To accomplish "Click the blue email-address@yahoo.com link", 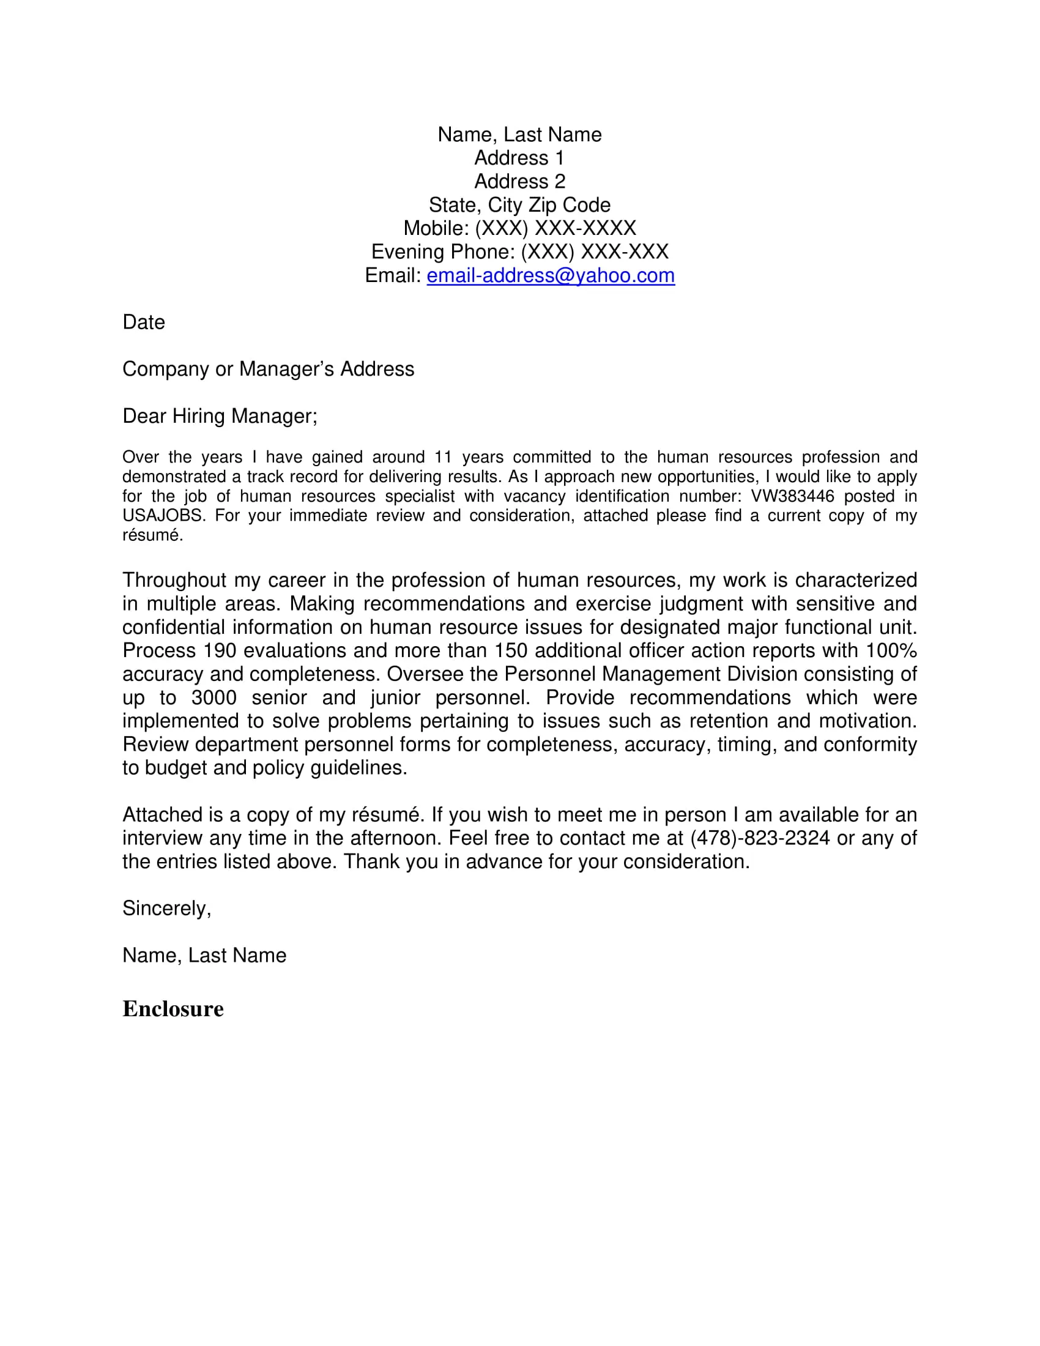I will coord(550,275).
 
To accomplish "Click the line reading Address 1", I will coord(519,158).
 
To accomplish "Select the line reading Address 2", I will coord(519,182).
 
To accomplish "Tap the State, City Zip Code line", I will coord(519,205).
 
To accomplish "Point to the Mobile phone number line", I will coord(519,229).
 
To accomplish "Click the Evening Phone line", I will coord(519,252).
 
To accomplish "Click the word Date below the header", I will coord(144,322).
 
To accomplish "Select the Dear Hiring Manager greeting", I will coord(220,416).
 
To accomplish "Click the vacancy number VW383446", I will coord(792,496).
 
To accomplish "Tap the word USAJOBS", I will coord(163,516).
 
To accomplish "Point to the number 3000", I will coord(214,697).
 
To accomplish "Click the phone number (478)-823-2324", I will coord(760,838).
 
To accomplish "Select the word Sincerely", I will coord(166,909).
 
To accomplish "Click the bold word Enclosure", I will coord(173,1009).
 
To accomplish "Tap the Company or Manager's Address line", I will coord(268,369).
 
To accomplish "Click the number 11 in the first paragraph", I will coord(443,457).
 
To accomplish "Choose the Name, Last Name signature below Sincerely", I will coord(204,955).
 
